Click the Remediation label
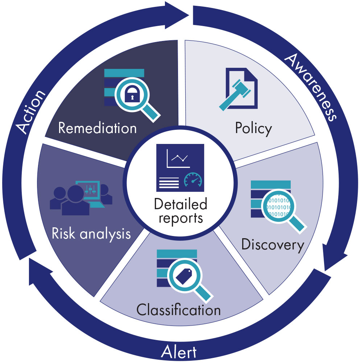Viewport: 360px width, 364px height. (97, 128)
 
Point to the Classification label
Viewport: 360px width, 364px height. (178, 310)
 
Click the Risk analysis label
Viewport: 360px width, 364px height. (91, 233)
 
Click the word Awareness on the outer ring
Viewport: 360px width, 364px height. (312, 87)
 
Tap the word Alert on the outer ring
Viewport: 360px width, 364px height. (179, 352)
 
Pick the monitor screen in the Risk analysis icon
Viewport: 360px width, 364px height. (91, 190)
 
